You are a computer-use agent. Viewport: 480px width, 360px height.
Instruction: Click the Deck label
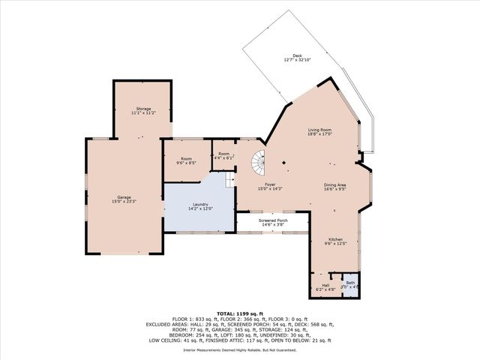pyautogui.click(x=297, y=55)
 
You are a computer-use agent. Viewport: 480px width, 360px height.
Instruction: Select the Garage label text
pyautogui.click(x=124, y=197)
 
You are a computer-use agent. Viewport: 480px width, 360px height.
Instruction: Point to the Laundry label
pyautogui.click(x=199, y=204)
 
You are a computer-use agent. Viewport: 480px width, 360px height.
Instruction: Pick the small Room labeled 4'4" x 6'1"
pyautogui.click(x=223, y=154)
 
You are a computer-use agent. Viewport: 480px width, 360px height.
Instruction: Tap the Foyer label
pyautogui.click(x=269, y=184)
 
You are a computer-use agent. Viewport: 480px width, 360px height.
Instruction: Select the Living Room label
pyautogui.click(x=319, y=130)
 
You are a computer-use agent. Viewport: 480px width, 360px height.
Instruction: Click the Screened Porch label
pyautogui.click(x=273, y=220)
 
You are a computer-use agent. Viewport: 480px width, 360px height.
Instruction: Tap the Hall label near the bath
pyautogui.click(x=325, y=285)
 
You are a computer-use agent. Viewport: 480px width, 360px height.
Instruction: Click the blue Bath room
pyautogui.click(x=350, y=286)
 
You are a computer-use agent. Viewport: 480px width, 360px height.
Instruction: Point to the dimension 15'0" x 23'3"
pyautogui.click(x=124, y=201)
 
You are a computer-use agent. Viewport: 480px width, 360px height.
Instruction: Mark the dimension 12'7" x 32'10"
pyautogui.click(x=297, y=59)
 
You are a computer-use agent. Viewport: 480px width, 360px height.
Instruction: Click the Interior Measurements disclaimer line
pyautogui.click(x=239, y=350)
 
